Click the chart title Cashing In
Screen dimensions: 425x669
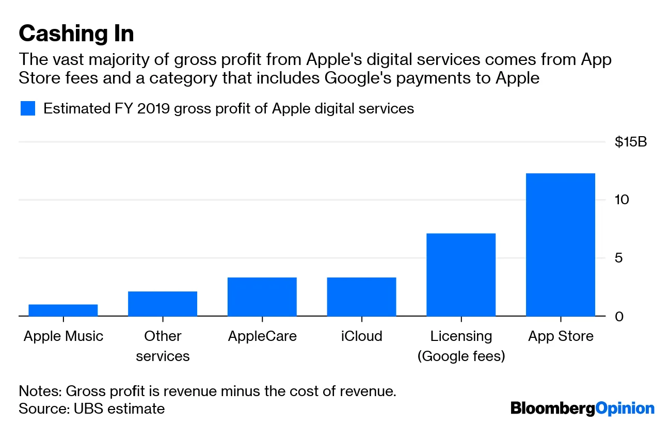[x=76, y=34]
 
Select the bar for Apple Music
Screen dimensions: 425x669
[x=63, y=310]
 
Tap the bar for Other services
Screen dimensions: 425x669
[x=163, y=304]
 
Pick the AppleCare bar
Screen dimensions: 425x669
[x=262, y=297]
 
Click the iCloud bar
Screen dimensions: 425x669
[x=361, y=297]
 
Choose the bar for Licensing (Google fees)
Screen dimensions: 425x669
[x=461, y=274]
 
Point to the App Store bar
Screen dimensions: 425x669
[x=561, y=244]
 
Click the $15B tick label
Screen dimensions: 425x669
[x=630, y=142]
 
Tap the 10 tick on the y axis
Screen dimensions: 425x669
[x=622, y=200]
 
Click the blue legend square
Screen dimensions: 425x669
[x=27, y=109]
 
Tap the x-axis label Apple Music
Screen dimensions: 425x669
[x=63, y=336]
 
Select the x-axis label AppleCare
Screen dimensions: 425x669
[x=262, y=336]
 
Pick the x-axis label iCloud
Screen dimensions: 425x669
[x=361, y=336]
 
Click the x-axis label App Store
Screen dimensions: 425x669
[x=561, y=336]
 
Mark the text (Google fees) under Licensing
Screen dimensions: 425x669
[x=461, y=356]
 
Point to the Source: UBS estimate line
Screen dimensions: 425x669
[x=91, y=409]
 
